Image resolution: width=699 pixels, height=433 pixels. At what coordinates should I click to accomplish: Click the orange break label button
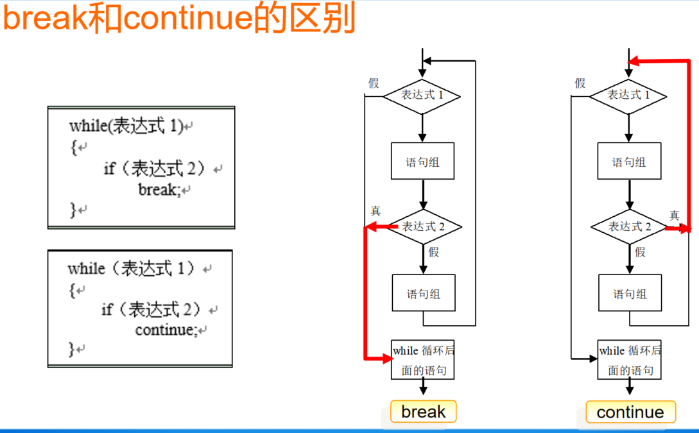tap(423, 411)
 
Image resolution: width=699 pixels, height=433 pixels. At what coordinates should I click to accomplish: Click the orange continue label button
tap(630, 412)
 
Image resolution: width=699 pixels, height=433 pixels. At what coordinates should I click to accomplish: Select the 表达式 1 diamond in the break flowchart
tap(422, 96)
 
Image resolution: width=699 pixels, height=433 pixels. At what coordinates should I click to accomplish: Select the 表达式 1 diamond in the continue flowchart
tap(628, 96)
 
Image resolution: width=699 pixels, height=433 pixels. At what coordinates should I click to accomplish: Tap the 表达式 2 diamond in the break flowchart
tap(423, 226)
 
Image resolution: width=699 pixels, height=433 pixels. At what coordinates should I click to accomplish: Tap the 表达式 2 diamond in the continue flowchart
tap(629, 226)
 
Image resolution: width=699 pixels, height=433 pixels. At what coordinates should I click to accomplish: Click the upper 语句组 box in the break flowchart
tap(422, 161)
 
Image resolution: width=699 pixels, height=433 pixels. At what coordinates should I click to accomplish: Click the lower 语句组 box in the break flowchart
tap(423, 294)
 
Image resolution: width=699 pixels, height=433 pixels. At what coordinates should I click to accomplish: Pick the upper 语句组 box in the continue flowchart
tap(629, 161)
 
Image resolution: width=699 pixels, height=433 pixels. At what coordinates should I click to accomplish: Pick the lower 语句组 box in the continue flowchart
tap(629, 294)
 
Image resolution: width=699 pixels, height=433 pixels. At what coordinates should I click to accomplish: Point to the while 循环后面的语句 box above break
tap(423, 360)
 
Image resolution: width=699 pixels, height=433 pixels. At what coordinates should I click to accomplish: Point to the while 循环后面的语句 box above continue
tap(629, 360)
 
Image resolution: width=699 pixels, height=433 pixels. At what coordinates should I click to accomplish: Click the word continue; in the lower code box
tap(166, 330)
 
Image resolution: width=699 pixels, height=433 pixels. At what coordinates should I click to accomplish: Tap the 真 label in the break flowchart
tap(375, 211)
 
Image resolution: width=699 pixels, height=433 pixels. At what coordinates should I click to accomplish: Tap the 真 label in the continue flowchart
tap(674, 216)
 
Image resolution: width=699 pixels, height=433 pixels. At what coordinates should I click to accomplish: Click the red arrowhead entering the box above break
tap(387, 359)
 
